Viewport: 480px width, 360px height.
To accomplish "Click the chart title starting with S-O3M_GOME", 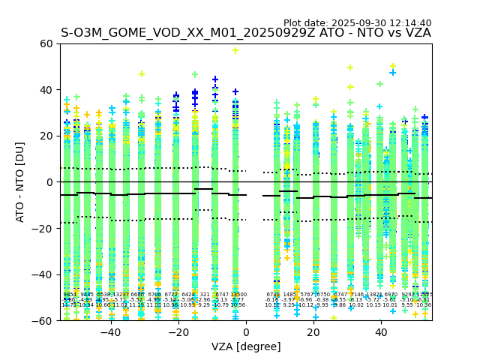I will click(246, 33).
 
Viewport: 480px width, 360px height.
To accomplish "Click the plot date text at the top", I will click(358, 23).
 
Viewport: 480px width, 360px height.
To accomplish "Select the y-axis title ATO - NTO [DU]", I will click(20, 182).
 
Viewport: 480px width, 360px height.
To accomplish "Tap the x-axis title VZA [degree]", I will click(246, 346).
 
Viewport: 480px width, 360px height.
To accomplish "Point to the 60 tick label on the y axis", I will click(46, 43).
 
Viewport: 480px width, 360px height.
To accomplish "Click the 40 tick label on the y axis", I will click(46, 90).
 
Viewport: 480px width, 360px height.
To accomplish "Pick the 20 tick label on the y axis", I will click(46, 136).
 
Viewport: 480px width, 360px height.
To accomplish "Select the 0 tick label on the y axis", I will click(49, 182).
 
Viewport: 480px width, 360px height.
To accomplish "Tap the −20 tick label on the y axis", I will click(43, 229).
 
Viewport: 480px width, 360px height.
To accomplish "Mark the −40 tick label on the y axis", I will click(43, 274).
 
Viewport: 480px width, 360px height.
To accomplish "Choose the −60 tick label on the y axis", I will click(43, 321).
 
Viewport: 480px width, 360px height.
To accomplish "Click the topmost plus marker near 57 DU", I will click(235, 50).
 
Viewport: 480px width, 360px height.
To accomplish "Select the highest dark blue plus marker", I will click(215, 79).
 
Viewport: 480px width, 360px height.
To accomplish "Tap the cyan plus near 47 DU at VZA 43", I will click(392, 73).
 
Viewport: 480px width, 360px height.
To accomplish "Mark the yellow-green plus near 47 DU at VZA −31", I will click(141, 74).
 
